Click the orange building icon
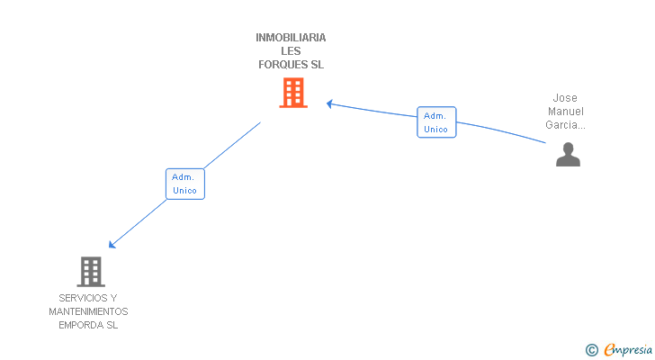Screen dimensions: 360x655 pyautogui.click(x=292, y=93)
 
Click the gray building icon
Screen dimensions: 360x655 pyautogui.click(x=91, y=271)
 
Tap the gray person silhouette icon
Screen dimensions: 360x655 pyautogui.click(x=568, y=155)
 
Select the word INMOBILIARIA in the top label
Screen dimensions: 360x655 pyautogui.click(x=291, y=38)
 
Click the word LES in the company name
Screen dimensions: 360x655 pyautogui.click(x=291, y=51)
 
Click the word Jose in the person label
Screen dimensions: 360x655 pyautogui.click(x=565, y=98)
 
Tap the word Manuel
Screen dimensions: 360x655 pyautogui.click(x=565, y=112)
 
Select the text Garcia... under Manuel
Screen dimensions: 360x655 pyautogui.click(x=566, y=125)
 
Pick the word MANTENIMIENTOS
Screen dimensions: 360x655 pyautogui.click(x=88, y=311)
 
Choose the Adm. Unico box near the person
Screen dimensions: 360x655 pyautogui.click(x=436, y=122)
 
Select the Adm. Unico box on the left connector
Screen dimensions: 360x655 pyautogui.click(x=184, y=184)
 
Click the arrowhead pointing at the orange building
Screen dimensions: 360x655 pyautogui.click(x=329, y=103)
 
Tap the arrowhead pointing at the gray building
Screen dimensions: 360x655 pyautogui.click(x=112, y=245)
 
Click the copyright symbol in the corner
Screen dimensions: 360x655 pyautogui.click(x=591, y=350)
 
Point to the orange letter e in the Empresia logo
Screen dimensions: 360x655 pyautogui.click(x=609, y=350)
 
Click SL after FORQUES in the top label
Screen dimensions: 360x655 pyautogui.click(x=317, y=65)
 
